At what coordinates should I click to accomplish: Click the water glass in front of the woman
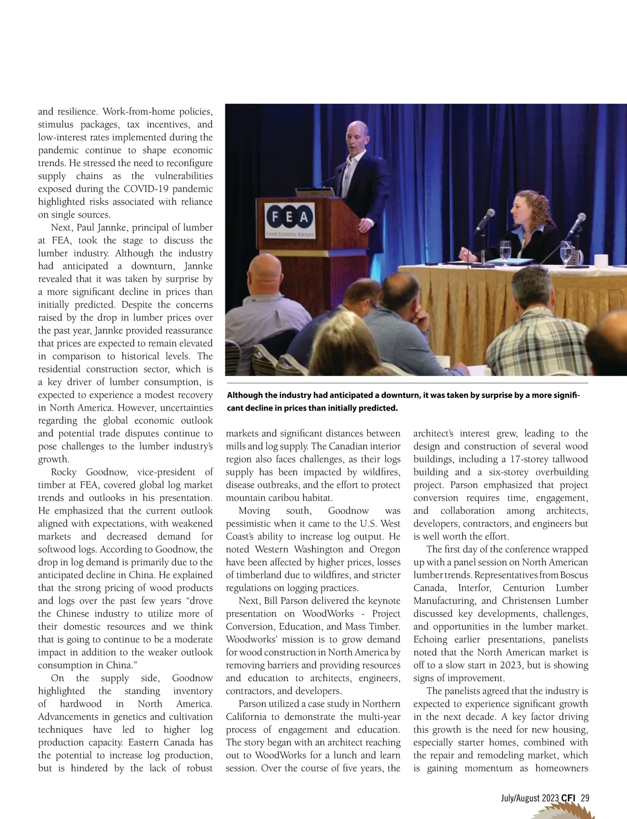[505, 250]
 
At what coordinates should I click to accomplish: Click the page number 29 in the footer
[585, 798]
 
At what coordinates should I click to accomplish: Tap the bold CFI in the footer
[568, 798]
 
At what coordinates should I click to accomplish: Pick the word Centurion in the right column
[524, 588]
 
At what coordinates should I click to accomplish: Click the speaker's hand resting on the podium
[363, 225]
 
